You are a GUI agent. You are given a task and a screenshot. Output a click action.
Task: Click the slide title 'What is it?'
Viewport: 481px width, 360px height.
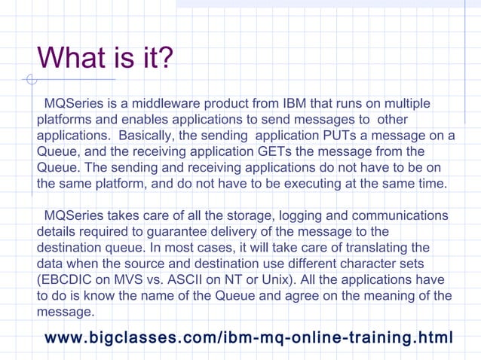(105, 58)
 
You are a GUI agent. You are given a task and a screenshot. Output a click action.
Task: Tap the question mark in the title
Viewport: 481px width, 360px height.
(164, 58)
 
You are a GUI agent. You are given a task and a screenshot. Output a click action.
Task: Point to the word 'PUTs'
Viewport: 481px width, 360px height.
(336, 136)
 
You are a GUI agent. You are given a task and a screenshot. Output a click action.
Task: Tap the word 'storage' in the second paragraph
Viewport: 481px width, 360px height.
(244, 216)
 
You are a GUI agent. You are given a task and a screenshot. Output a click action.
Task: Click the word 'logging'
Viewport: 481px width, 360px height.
(296, 216)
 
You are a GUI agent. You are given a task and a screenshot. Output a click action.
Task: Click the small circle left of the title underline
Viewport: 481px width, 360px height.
(30, 78)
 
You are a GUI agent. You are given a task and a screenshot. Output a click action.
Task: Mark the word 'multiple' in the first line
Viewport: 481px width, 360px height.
(413, 103)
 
